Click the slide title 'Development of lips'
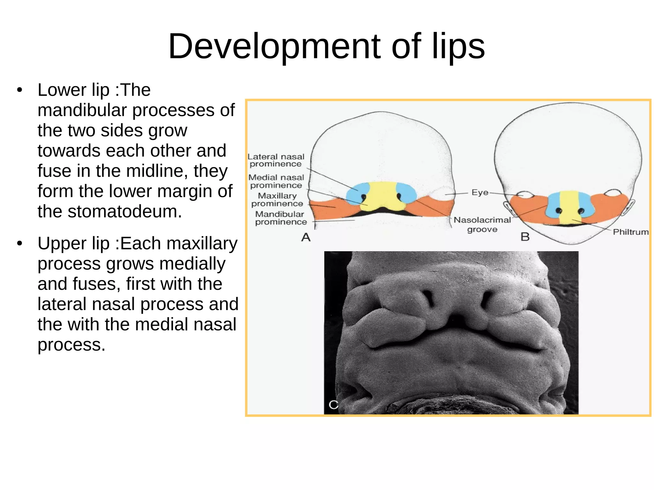coord(326,47)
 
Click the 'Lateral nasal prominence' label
coord(276,160)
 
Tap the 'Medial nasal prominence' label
coord(276,181)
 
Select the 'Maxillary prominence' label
coord(277,200)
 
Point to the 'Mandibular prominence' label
coord(281,218)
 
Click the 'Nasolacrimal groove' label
coord(482,224)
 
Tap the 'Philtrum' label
coord(631,232)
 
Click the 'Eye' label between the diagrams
coord(480,192)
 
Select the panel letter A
coord(306,237)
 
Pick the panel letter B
coord(525,237)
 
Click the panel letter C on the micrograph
coord(333,405)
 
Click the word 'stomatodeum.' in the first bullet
coord(110,211)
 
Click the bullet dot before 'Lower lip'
coord(20,90)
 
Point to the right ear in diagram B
coord(629,207)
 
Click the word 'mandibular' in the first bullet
coord(82,110)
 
